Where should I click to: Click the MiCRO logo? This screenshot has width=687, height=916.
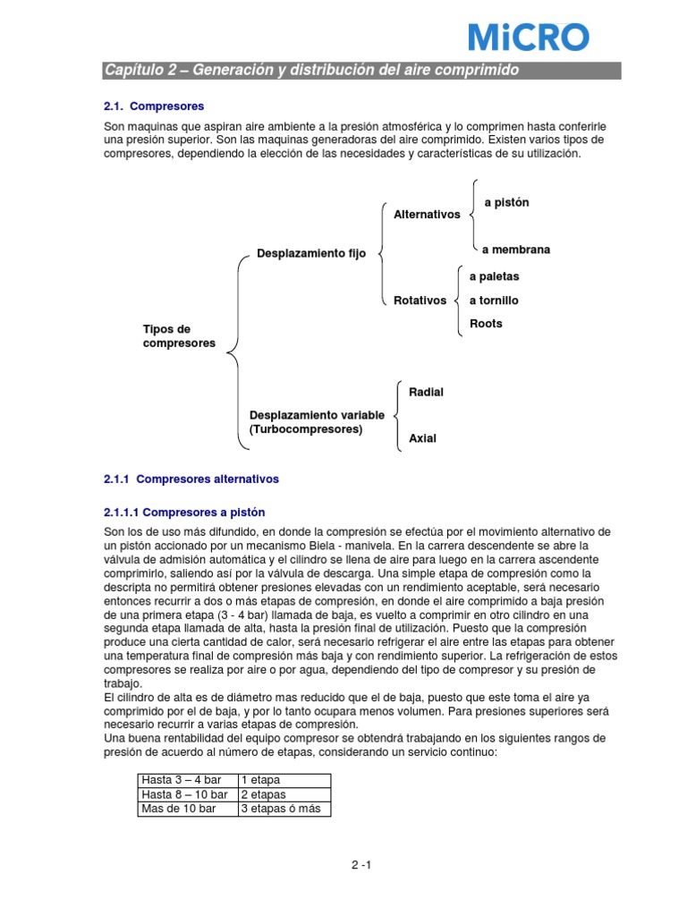pos(529,37)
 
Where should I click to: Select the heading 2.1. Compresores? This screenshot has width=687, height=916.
pos(155,106)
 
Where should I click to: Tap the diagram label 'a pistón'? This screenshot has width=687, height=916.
pos(506,203)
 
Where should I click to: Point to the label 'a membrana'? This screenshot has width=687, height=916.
pos(515,250)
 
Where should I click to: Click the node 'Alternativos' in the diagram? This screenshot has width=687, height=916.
pos(427,215)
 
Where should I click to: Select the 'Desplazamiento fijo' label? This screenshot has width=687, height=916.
pos(311,254)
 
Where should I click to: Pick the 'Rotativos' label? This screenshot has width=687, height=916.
pos(420,301)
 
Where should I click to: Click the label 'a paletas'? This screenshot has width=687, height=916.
pos(494,276)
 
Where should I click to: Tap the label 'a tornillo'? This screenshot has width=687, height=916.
pos(494,301)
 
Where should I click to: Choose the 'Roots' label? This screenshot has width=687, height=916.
pos(486,324)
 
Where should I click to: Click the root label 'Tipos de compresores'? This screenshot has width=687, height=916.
pos(179,336)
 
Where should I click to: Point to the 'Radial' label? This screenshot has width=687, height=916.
pos(426,392)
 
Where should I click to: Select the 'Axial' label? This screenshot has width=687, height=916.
pos(422,438)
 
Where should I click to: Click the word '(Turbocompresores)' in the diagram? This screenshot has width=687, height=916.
pos(306,429)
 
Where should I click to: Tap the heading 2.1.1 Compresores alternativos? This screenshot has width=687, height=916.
pos(191,479)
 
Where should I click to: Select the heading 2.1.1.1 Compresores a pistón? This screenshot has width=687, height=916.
pos(185,512)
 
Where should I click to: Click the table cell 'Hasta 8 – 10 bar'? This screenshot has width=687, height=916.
pos(186,794)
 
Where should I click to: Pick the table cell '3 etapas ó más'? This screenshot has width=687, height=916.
pos(284,809)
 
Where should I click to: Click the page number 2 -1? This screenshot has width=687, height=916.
pos(360,866)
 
